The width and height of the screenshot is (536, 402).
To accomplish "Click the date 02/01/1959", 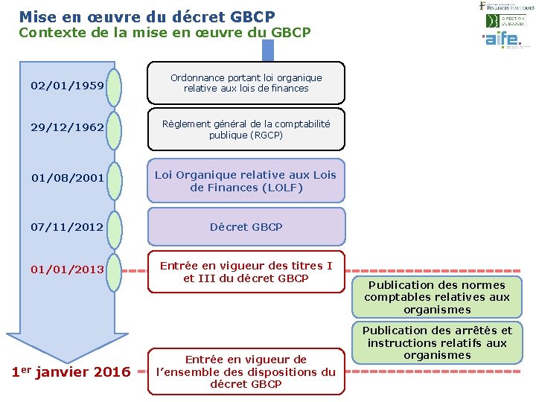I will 67,85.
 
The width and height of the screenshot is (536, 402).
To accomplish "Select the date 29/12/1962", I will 67,127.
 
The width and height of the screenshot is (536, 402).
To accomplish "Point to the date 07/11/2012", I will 67,226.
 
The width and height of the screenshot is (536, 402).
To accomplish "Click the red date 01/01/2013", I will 67,269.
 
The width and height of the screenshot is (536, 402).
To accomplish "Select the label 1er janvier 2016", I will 71,371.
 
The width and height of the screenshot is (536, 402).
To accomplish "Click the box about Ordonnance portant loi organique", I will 246,83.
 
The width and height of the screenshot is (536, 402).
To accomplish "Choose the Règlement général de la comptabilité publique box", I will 246,130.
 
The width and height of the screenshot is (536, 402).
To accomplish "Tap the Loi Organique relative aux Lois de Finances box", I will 246,181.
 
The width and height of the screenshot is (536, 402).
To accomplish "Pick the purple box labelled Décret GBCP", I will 246,227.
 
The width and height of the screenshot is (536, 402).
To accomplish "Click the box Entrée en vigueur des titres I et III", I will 246,272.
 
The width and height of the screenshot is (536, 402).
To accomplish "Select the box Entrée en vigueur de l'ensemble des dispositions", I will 246,371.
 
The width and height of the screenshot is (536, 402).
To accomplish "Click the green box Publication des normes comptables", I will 437,297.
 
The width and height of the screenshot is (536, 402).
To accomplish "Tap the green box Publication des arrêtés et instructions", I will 437,342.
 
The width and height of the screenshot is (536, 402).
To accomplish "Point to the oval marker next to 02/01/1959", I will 114,85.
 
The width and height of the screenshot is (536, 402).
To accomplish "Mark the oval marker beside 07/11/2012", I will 114,227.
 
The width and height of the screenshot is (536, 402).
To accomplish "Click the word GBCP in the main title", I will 248,16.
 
